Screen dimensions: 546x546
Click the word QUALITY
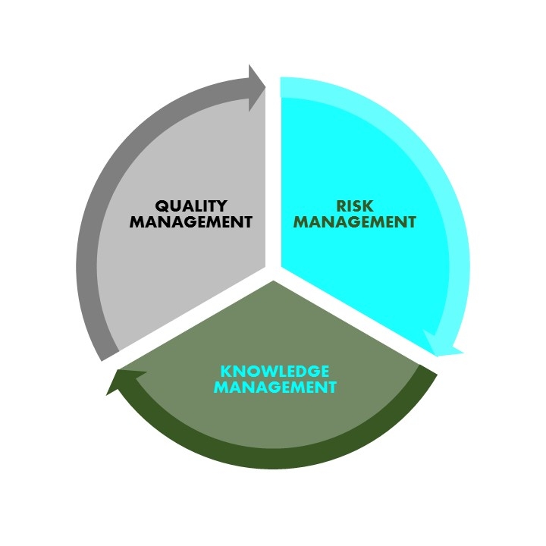tap(191, 206)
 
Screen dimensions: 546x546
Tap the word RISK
tap(354, 206)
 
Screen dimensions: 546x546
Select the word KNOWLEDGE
tap(275, 371)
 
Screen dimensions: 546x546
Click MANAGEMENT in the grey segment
tap(191, 221)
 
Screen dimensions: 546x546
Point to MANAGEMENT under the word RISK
tap(354, 221)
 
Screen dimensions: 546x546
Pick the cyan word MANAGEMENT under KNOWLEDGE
tap(275, 388)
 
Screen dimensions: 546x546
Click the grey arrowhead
tap(256, 88)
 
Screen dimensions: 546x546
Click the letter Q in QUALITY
tap(162, 206)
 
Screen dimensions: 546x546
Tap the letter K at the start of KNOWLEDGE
tap(227, 371)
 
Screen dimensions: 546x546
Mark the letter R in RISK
tap(341, 206)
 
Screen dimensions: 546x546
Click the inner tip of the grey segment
tap(265, 266)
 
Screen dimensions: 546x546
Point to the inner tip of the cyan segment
tap(281, 267)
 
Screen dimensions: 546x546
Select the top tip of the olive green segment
tap(273, 281)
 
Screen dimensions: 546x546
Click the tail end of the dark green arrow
tap(429, 369)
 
